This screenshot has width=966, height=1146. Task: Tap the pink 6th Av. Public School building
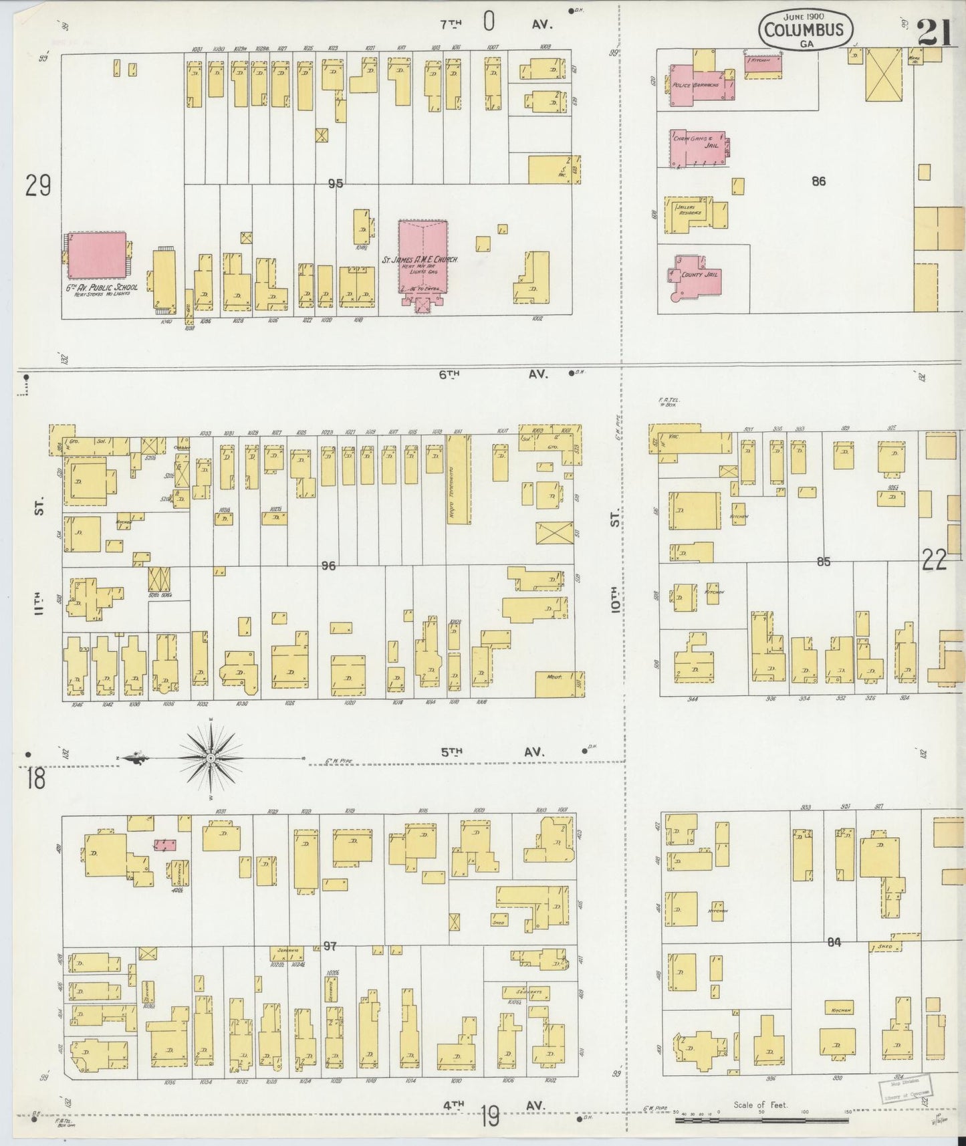click(98, 255)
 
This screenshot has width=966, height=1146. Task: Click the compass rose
click(210, 758)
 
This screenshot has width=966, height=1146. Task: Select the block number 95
click(335, 183)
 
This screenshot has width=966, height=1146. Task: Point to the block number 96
click(328, 566)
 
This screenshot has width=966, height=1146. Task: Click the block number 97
click(330, 946)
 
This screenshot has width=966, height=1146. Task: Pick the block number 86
click(819, 181)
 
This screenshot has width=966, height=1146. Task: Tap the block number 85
click(823, 562)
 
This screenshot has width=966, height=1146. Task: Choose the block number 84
click(834, 942)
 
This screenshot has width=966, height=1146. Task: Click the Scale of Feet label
click(761, 1105)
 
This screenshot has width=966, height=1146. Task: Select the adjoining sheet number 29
click(38, 185)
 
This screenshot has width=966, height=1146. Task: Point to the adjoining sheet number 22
click(934, 560)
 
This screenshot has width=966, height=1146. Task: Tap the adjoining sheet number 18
click(36, 780)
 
